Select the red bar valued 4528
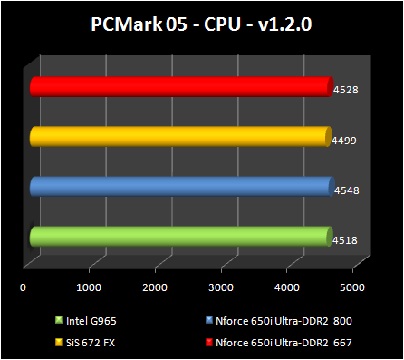(181, 86)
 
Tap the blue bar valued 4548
(181, 186)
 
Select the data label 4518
(344, 240)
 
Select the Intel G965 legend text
(91, 319)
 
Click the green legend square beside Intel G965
(58, 319)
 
